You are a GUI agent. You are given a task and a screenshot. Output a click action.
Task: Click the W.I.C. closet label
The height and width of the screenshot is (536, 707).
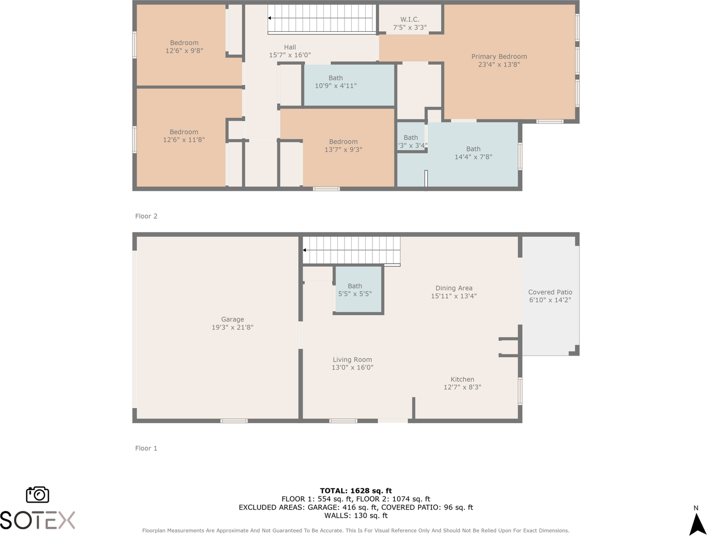click(x=409, y=20)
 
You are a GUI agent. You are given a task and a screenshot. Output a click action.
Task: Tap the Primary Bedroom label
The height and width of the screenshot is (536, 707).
click(x=499, y=56)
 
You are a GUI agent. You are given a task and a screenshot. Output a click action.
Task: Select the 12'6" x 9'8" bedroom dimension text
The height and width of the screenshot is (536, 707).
click(x=184, y=51)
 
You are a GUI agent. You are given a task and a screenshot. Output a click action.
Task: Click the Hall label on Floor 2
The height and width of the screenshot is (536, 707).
click(x=290, y=47)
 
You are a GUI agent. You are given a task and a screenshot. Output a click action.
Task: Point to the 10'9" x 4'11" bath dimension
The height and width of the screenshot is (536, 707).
click(x=336, y=86)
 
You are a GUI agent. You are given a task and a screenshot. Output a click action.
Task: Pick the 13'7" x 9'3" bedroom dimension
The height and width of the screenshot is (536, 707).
click(x=343, y=150)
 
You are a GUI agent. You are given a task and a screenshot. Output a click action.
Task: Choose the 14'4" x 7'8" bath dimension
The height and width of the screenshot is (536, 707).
click(x=473, y=157)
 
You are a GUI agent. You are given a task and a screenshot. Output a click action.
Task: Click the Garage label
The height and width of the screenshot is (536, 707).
click(x=232, y=319)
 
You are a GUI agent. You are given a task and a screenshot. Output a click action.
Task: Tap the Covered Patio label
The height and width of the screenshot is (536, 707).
click(x=550, y=293)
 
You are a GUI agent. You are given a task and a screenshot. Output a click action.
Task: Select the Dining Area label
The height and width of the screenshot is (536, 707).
click(x=454, y=288)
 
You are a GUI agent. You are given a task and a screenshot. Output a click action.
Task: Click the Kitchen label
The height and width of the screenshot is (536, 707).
click(x=462, y=379)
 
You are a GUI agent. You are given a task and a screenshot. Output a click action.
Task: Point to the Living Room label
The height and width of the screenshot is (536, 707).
click(x=352, y=360)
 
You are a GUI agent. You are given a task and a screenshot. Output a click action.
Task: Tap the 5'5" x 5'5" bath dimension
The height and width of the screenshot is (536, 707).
click(x=355, y=294)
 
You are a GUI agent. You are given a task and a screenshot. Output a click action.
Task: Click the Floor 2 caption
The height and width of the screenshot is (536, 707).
click(x=146, y=216)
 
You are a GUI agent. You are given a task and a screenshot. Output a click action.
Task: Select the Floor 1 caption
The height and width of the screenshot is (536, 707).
click(x=146, y=448)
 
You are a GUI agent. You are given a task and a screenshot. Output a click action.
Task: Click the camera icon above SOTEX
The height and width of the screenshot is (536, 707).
click(x=37, y=494)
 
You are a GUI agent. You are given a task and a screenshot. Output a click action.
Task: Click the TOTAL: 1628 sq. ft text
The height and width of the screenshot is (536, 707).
click(x=356, y=491)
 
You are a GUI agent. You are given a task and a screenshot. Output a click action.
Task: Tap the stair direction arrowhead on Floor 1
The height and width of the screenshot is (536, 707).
click(x=304, y=250)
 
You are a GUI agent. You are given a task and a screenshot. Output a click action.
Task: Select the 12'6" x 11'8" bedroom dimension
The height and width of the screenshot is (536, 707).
click(x=184, y=140)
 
